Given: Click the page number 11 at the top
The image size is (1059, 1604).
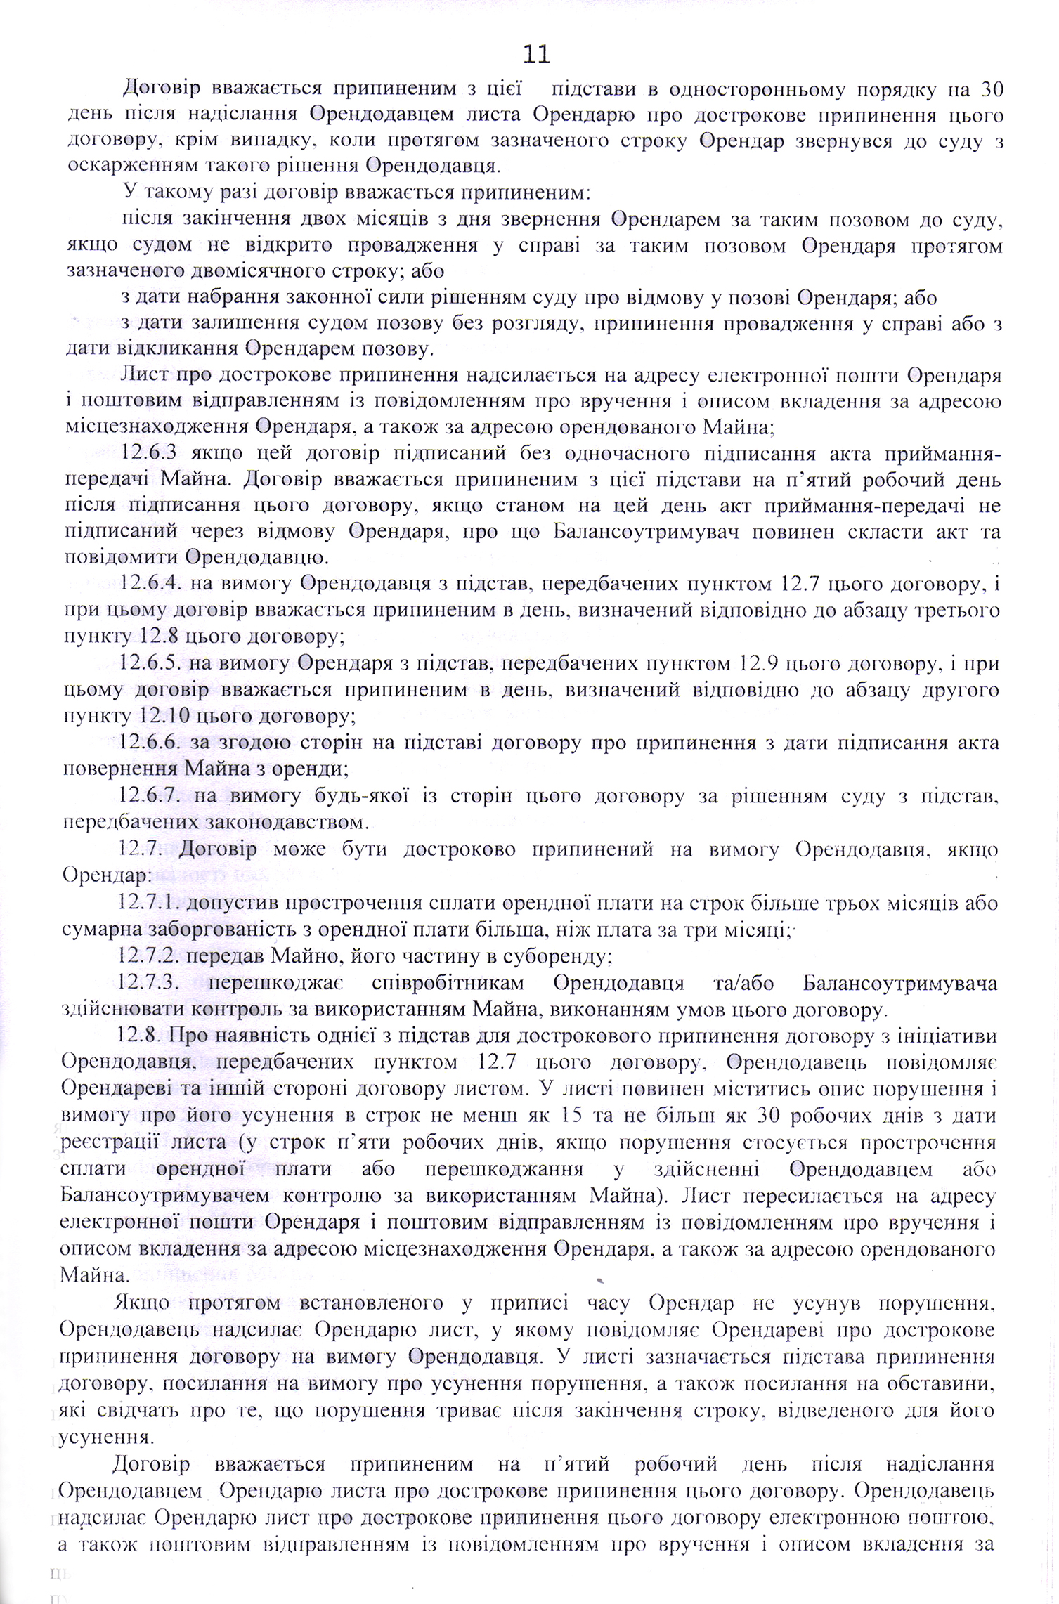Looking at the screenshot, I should [x=536, y=53].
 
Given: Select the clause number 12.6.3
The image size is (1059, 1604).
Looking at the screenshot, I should [x=150, y=454].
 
